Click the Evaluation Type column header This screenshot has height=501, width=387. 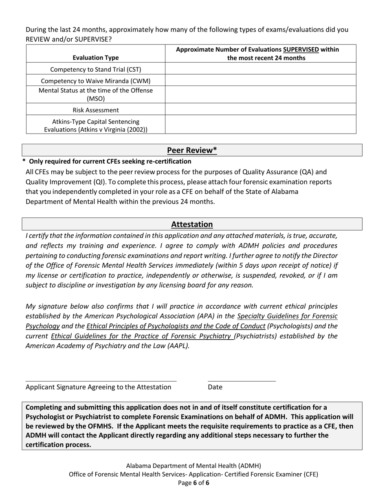96,58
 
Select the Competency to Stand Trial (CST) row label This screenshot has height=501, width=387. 96,69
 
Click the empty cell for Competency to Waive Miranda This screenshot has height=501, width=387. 260,81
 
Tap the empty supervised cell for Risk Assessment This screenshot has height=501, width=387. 260,110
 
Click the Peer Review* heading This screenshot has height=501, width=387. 192,150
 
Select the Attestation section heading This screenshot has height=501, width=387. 192,224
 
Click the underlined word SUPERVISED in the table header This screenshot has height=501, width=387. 301,50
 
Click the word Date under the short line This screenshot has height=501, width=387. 215,387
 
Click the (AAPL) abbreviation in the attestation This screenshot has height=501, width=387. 177,346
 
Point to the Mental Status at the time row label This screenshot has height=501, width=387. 96,94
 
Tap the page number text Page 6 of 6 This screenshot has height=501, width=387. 193,483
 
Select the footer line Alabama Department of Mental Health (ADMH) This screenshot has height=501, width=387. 193,466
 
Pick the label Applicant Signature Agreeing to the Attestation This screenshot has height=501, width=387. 98,387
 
